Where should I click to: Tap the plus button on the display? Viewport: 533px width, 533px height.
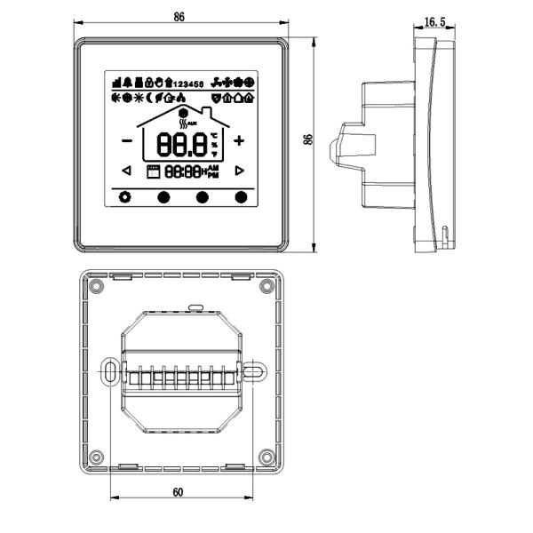tap(239, 140)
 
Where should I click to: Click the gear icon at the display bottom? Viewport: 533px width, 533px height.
tap(124, 197)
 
